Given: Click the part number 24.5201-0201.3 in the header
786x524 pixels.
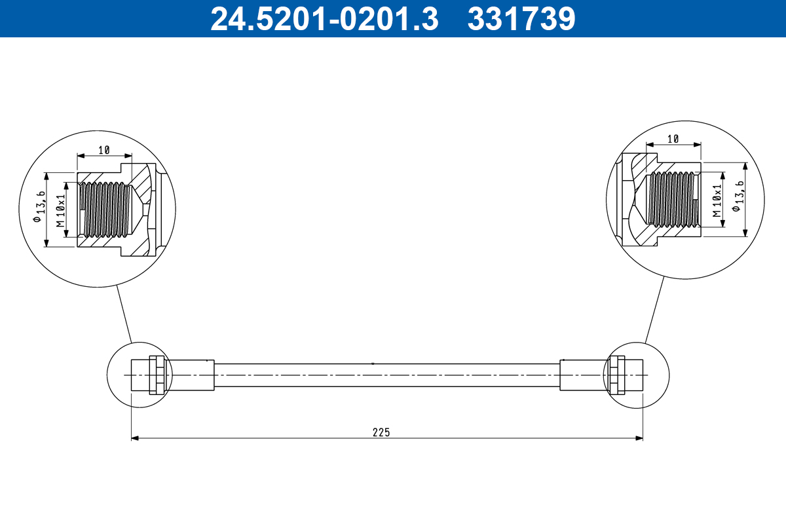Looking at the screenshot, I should click(324, 19).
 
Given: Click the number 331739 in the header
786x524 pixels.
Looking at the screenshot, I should click(521, 19).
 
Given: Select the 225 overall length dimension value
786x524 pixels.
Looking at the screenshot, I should click(381, 432).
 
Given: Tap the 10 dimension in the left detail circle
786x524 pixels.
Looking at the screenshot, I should click(104, 150).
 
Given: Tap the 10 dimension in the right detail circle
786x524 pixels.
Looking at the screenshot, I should click(673, 138).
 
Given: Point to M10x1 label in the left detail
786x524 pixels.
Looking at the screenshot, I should click(61, 210).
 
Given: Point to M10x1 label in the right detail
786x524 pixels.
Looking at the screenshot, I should click(717, 200).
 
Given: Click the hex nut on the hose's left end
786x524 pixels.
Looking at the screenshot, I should click(157, 375).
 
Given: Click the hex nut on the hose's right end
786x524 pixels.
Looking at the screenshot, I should click(616, 375).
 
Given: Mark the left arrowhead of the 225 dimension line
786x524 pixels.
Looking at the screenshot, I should click(134, 438).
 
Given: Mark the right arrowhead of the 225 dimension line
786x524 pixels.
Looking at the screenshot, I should click(640, 438).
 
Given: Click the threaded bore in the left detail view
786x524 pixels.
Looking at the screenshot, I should click(105, 209).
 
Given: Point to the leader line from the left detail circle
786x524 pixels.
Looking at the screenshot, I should click(124, 314).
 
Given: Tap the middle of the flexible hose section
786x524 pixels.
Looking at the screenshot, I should click(386, 375).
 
